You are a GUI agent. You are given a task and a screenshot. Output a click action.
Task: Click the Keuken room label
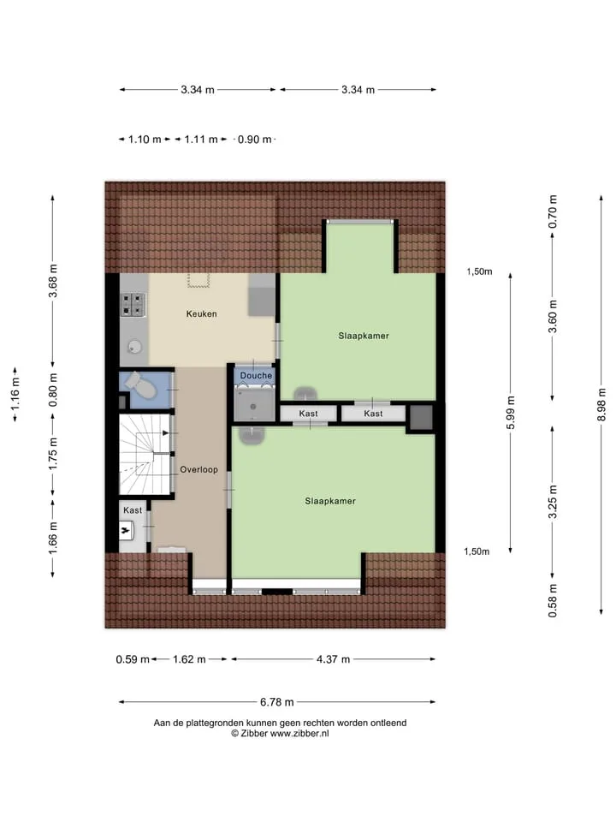201,314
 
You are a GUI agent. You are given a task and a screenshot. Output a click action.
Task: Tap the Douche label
256,375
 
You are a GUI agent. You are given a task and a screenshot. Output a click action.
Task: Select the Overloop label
199,469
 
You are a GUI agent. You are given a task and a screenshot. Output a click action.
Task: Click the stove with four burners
133,305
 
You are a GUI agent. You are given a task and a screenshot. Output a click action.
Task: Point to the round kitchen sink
135,346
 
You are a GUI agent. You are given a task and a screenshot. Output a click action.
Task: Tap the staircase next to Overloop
145,455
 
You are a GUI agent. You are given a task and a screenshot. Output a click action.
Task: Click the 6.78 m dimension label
276,702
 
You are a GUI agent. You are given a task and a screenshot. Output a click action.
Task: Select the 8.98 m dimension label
601,405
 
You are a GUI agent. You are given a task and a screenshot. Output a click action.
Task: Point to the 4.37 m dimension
333,659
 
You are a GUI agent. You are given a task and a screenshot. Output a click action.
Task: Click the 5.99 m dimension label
511,413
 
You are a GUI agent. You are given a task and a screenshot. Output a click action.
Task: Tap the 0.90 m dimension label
255,140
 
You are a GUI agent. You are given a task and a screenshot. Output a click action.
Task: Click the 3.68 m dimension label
53,281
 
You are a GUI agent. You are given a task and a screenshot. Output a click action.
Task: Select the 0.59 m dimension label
133,659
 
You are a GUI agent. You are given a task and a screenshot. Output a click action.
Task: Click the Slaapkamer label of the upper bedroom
364,336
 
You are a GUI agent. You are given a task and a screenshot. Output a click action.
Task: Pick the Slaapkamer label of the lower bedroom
330,501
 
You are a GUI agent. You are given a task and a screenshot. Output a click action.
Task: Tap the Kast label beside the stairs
133,510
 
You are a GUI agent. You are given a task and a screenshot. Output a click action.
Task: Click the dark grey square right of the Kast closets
421,418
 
